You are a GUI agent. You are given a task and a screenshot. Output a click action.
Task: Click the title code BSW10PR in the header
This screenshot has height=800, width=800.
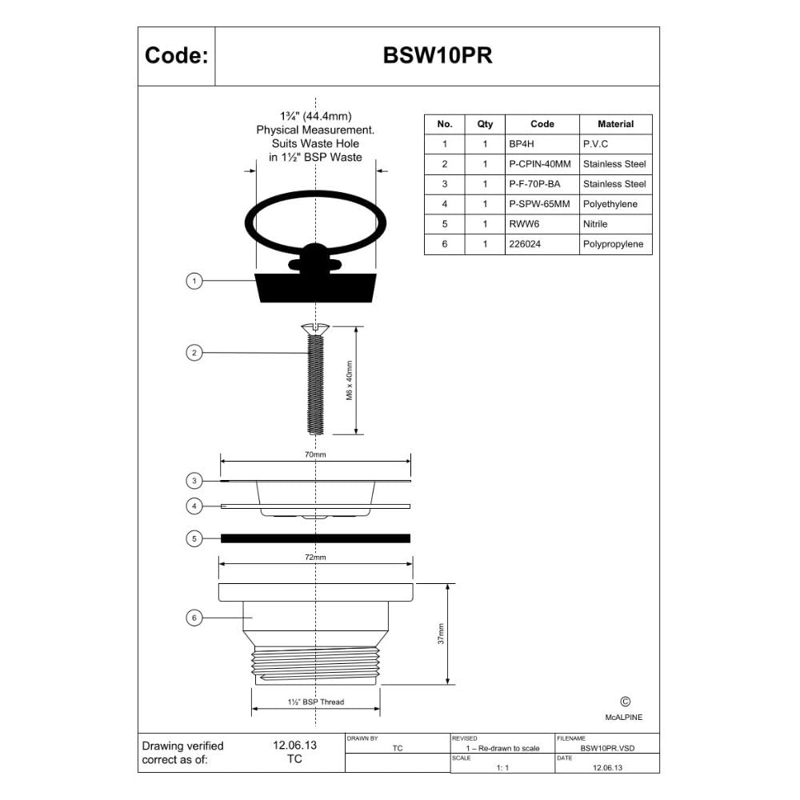tap(438, 56)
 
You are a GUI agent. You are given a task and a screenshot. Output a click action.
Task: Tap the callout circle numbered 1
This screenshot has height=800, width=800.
tap(194, 281)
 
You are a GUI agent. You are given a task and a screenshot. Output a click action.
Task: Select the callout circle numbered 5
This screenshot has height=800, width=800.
tap(194, 538)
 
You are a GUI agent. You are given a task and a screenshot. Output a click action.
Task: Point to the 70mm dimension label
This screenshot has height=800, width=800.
tap(315, 454)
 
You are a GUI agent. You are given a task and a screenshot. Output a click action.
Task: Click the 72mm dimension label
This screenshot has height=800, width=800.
tap(315, 557)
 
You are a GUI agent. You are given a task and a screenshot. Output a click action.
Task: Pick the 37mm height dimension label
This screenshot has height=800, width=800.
tap(442, 634)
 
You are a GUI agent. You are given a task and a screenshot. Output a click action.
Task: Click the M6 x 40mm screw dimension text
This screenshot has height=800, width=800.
tap(350, 381)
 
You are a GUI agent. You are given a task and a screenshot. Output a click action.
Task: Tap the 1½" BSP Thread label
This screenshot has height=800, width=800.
tap(316, 702)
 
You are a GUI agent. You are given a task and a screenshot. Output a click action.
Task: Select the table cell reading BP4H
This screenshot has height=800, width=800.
tap(522, 144)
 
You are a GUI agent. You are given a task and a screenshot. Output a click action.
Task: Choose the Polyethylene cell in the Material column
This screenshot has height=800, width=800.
tap(610, 204)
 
